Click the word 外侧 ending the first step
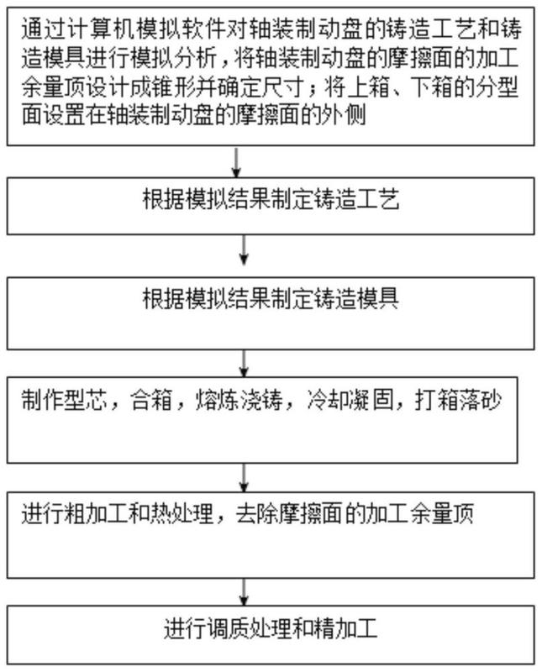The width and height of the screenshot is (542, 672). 344,116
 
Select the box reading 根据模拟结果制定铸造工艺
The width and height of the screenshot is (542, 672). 271,206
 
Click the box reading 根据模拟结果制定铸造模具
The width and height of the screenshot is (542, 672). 271,313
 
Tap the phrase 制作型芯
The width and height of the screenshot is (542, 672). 64,401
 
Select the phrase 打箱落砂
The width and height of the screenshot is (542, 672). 458,401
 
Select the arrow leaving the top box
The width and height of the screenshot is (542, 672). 236,162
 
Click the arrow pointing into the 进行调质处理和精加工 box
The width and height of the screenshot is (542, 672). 244,592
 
